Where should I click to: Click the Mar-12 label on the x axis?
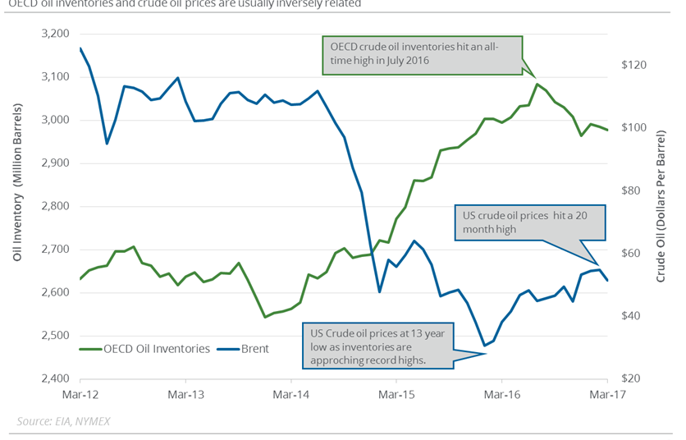(x=80, y=395)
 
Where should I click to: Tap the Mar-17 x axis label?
(x=606, y=395)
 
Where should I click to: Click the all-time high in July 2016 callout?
(x=420, y=53)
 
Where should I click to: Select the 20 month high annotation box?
(x=529, y=222)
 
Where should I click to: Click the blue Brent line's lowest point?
(x=484, y=346)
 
